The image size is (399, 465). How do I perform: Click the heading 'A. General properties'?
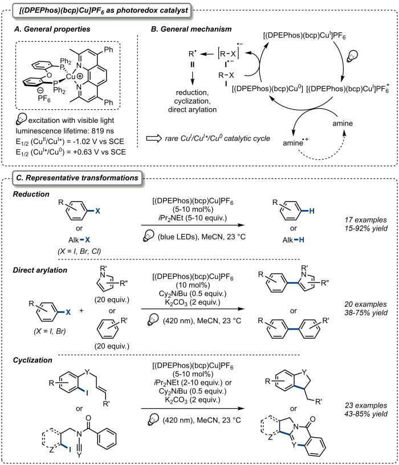click(52, 29)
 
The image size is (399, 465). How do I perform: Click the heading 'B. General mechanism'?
click(191, 29)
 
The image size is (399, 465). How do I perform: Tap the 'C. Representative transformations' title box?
click(78, 178)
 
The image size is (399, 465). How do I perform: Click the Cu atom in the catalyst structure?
click(71, 77)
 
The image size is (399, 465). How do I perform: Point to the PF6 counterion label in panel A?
click(44, 98)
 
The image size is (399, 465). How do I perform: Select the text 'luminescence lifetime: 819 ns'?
click(65, 131)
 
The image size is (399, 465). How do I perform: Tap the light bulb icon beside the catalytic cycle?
click(353, 55)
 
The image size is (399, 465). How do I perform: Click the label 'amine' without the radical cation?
click(343, 124)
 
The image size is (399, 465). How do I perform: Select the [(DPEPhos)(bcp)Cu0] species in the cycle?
click(267, 89)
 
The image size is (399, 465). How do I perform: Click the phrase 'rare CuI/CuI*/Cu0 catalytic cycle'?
click(218, 138)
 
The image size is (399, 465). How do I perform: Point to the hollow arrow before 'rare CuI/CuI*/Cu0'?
click(153, 138)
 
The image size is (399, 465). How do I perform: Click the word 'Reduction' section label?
click(31, 194)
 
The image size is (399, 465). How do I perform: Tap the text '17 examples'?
click(366, 220)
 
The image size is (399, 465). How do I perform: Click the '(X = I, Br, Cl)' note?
click(79, 251)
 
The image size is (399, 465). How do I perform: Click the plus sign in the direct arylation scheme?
click(81, 311)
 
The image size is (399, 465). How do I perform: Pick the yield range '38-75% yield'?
click(366, 312)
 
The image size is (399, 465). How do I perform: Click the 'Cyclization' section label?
click(32, 360)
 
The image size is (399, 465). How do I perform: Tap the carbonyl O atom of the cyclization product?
click(312, 419)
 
